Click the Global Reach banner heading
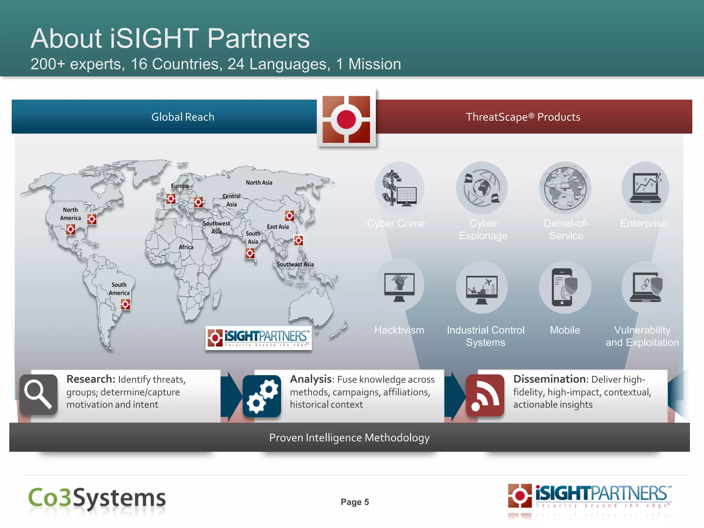point(183,117)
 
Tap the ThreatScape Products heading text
point(523,117)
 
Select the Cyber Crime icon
point(399,188)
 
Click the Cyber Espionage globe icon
point(482,188)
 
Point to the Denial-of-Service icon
point(565,188)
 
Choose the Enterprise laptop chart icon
point(645,188)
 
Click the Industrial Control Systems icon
point(482,287)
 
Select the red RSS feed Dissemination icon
point(485,395)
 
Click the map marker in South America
point(125,304)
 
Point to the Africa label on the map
point(186,247)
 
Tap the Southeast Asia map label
point(295,264)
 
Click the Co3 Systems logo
point(97,498)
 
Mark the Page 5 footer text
point(355,502)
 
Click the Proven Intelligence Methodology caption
point(349,438)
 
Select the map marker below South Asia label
point(250,254)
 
